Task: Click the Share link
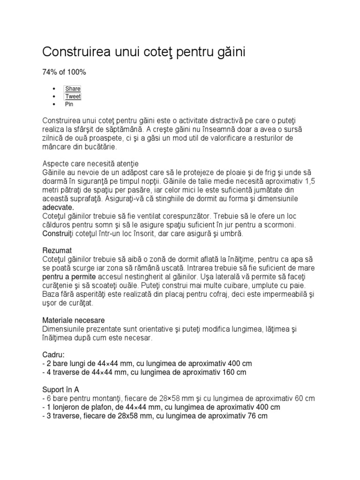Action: [x=73, y=89]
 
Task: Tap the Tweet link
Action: [x=73, y=97]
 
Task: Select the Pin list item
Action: [x=69, y=105]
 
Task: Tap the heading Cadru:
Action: [x=53, y=355]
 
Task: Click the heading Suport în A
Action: [x=60, y=390]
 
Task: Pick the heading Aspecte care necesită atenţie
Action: [x=90, y=164]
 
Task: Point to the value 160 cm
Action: [x=234, y=373]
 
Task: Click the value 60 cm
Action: [x=303, y=398]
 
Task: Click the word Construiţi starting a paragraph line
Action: [x=59, y=233]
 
